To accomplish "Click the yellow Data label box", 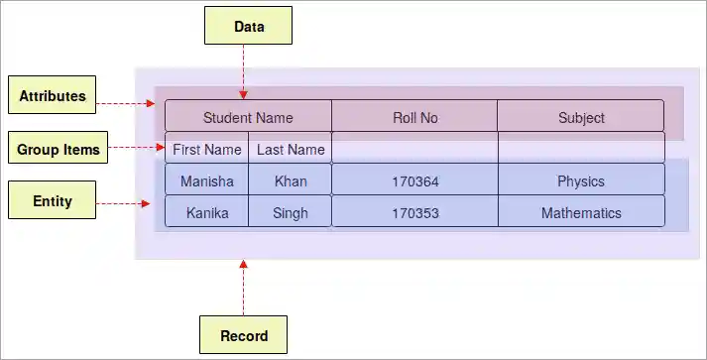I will click(x=249, y=27).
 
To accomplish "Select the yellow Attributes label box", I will click(x=52, y=96).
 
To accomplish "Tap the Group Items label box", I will click(x=59, y=150).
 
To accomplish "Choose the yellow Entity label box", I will click(x=52, y=201).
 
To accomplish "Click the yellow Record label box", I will click(x=244, y=335).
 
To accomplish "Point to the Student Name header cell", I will click(x=248, y=117).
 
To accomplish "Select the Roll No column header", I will click(x=414, y=117).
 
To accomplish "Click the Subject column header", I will click(x=581, y=117).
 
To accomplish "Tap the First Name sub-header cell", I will click(x=207, y=150).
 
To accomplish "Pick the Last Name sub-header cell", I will click(x=291, y=150).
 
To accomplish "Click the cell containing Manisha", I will click(x=207, y=181).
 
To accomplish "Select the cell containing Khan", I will click(x=291, y=181).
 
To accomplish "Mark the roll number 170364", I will click(x=414, y=181).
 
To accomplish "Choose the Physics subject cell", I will click(x=581, y=181).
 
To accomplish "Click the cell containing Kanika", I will click(x=207, y=213).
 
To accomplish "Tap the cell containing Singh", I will click(x=291, y=213).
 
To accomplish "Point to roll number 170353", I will click(x=414, y=213).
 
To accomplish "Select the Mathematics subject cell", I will click(x=581, y=213).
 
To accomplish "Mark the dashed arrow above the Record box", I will click(x=243, y=288).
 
